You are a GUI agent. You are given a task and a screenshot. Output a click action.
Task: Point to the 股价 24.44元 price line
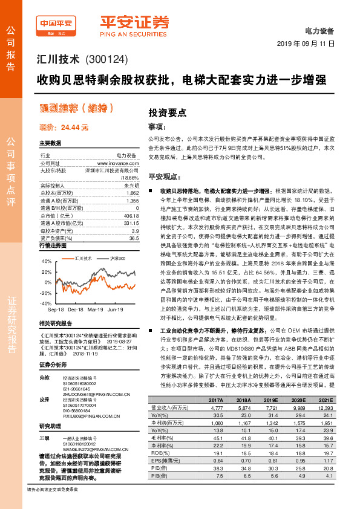point(64,128)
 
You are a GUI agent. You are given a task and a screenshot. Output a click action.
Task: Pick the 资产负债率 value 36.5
point(134,239)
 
